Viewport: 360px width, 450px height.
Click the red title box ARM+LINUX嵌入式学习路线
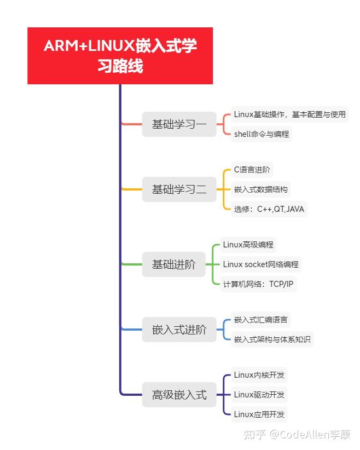(x=120, y=56)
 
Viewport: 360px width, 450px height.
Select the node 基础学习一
(x=179, y=124)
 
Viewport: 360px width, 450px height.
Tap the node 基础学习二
(x=179, y=190)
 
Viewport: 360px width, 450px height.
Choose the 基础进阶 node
(x=173, y=264)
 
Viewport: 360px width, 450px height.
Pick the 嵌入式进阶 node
(x=179, y=330)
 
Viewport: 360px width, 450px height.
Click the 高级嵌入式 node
(x=179, y=395)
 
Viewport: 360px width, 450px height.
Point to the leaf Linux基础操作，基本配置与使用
(x=289, y=114)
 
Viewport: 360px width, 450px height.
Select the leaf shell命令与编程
(x=261, y=134)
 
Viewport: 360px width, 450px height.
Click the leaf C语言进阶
(x=252, y=170)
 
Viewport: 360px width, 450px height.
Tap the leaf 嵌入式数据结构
(x=260, y=189)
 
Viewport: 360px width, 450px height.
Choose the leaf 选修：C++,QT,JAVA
(x=269, y=209)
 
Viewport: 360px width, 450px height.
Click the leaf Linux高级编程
(x=248, y=244)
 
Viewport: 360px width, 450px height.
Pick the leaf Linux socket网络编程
(x=260, y=264)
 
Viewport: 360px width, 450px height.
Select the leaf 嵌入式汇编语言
(x=260, y=320)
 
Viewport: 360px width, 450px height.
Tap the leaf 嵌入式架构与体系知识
(x=272, y=339)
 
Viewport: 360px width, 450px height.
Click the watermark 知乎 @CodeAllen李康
(x=297, y=435)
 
